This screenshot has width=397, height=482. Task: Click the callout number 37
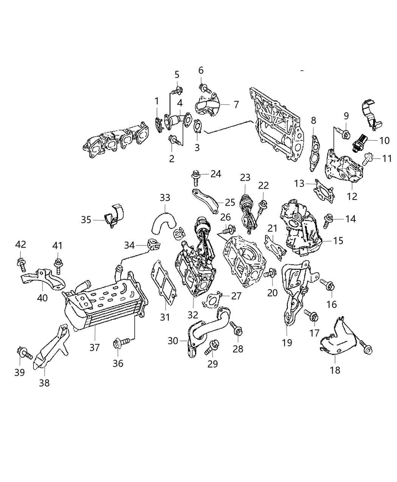pos(95,347)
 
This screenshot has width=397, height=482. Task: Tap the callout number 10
pos(384,141)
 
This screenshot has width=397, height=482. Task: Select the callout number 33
pos(165,198)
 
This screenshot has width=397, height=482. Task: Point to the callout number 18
pos(335,370)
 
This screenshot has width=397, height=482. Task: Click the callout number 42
pos(20,245)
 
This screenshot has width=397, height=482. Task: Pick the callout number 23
pos(245,177)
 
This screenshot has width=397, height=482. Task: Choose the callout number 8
pos(313,121)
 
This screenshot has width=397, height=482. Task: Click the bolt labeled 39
pos(27,354)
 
